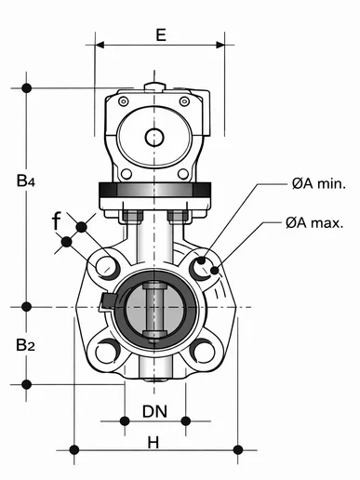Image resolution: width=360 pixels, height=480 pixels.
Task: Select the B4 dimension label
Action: pos(26,182)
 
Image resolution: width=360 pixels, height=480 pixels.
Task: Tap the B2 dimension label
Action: pos(26,345)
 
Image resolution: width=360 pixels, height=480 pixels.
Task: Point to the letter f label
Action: pos(57,220)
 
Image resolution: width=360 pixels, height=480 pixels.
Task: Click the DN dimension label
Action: pos(154,410)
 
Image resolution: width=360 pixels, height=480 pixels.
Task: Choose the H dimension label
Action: pos(153,443)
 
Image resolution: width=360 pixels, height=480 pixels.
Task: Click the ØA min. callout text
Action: pos(318,184)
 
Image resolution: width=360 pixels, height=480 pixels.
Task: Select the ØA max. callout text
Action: pos(315,222)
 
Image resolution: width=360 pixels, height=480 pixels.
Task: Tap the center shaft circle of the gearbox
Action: pos(154,138)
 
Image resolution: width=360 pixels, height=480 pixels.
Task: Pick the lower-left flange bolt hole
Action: pos(107,352)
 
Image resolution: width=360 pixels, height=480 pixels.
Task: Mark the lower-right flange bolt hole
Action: pos(202,352)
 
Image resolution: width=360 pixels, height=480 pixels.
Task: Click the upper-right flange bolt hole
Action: pos(199,268)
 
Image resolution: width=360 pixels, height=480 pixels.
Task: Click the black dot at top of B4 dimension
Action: pos(27,88)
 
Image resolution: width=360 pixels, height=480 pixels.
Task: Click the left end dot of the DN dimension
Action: pos(126,420)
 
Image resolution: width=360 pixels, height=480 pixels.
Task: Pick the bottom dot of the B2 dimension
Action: pos(27,383)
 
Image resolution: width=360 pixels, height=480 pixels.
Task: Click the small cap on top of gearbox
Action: pos(154,88)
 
